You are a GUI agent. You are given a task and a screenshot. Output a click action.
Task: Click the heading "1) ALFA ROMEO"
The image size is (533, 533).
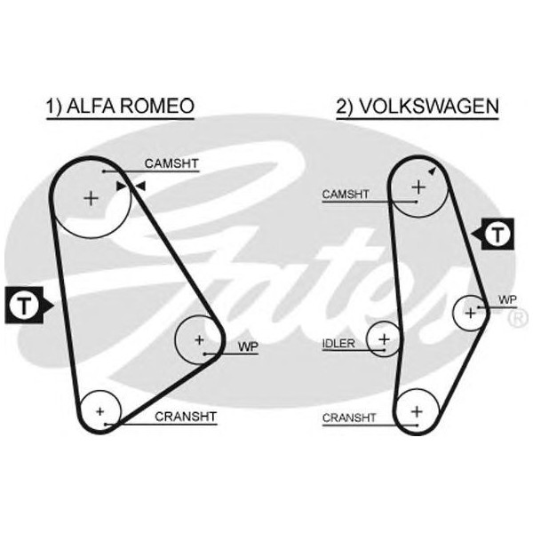(119, 107)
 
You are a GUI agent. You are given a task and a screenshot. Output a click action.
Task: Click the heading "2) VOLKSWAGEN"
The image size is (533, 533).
(417, 107)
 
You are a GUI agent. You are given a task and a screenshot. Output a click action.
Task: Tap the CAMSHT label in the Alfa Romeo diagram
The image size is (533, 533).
(171, 163)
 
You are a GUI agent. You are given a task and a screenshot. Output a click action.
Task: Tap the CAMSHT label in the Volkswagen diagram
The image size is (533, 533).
(346, 194)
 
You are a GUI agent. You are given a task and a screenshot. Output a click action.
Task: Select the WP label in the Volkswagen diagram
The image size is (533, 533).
(507, 300)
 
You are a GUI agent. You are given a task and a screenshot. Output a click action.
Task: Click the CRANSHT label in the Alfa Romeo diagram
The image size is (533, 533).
(185, 416)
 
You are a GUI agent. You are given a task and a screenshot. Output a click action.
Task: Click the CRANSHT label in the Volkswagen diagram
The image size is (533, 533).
(349, 417)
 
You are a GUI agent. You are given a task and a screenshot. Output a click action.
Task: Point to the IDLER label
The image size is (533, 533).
(338, 343)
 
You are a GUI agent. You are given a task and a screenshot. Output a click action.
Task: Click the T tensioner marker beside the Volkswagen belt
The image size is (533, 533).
(500, 235)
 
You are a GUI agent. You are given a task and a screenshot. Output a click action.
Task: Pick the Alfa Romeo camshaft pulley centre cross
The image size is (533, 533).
(91, 198)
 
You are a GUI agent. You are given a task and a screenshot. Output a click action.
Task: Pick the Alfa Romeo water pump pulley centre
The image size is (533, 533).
(199, 339)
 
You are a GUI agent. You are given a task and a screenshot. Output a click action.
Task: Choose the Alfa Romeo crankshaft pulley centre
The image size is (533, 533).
(100, 410)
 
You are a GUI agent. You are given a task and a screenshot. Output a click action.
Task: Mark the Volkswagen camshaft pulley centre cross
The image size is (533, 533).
(417, 186)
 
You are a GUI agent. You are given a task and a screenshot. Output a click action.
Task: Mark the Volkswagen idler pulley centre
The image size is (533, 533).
(384, 338)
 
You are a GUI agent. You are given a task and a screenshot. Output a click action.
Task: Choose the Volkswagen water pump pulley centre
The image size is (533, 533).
(470, 312)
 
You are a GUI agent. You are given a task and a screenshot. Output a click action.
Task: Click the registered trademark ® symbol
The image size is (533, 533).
(519, 317)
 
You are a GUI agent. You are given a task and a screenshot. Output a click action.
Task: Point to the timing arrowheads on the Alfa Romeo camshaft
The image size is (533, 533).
(131, 186)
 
